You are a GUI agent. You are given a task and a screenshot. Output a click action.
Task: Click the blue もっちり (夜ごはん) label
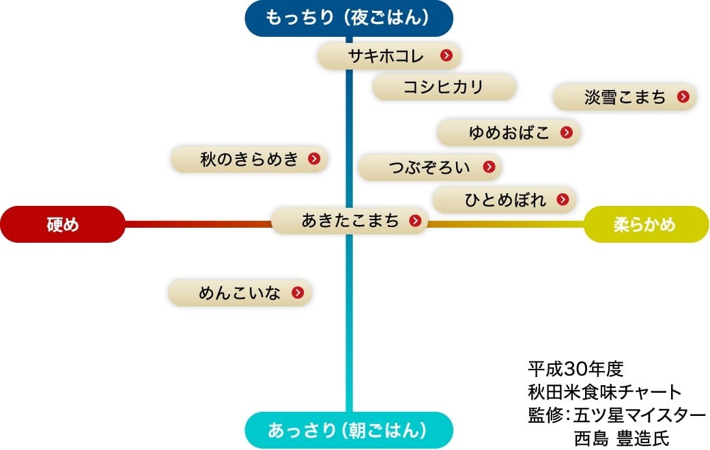[x=349, y=18]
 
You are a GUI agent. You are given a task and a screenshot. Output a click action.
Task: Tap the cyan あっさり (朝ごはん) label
[x=349, y=430]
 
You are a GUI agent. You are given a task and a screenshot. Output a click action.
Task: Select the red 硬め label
[x=63, y=224]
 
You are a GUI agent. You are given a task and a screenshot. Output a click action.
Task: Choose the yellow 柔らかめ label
[x=647, y=224]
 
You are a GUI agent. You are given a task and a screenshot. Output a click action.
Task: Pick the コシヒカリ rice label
[x=444, y=87]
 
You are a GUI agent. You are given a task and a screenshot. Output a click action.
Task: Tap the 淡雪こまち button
[x=625, y=97]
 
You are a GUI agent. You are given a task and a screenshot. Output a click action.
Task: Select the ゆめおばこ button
[x=509, y=133]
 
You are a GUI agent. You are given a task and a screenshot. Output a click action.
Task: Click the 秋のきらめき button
[x=250, y=159]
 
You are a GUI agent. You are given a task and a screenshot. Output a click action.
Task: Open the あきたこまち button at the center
[x=350, y=220]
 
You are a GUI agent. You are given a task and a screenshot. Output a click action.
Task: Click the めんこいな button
[x=240, y=293]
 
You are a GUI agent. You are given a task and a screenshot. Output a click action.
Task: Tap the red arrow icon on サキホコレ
[x=446, y=56]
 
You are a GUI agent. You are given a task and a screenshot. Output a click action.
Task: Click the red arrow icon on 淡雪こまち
[x=683, y=97]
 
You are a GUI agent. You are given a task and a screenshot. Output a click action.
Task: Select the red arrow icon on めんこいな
[x=297, y=293]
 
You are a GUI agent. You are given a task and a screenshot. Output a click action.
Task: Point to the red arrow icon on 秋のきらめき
[x=313, y=159]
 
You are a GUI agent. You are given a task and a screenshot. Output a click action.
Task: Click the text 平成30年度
[x=576, y=369]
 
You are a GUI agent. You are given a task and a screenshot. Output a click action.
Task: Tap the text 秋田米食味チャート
[x=604, y=392]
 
